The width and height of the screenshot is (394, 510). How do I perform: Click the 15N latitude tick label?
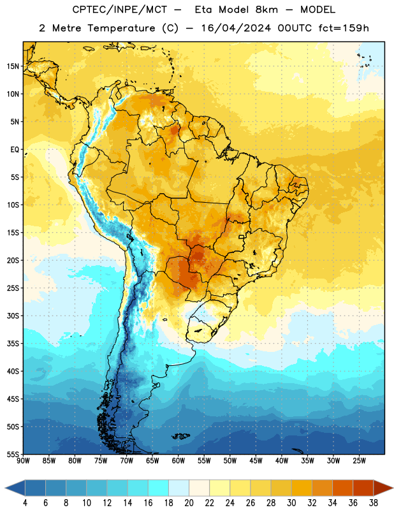point(13,66)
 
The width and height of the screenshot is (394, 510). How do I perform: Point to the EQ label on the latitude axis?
point(15,150)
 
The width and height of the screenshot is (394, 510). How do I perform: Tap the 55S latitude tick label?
point(13,454)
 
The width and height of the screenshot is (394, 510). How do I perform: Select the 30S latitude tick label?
point(13,316)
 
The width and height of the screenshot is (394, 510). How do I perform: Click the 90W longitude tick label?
point(23,461)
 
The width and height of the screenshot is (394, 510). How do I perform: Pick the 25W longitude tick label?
point(359,461)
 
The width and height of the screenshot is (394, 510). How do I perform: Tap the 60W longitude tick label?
point(179,461)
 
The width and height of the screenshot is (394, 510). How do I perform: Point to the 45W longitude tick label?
point(256,461)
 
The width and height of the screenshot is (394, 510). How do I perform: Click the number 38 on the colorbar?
point(374,503)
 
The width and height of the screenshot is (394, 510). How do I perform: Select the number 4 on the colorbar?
point(25,503)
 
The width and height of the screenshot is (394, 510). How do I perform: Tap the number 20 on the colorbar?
point(189,503)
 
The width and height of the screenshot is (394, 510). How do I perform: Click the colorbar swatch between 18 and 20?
point(179,488)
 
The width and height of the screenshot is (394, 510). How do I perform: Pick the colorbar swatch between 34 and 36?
point(342,488)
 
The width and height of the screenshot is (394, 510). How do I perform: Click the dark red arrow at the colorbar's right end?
point(383,488)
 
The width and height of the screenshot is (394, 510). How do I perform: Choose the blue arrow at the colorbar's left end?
point(15,488)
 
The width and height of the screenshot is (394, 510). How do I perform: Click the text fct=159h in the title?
point(344,28)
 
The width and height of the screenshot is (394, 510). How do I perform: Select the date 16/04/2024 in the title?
point(236,28)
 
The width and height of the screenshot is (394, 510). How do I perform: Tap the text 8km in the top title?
point(266,10)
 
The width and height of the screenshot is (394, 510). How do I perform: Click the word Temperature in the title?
point(121,28)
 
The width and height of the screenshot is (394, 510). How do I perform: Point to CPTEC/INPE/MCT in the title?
point(119,10)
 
